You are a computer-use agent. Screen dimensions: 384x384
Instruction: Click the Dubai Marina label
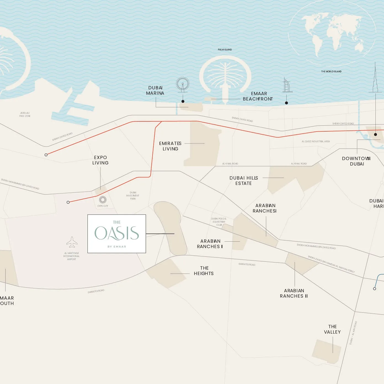tap(155, 90)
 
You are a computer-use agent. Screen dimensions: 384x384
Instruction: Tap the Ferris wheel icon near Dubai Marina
tap(182, 84)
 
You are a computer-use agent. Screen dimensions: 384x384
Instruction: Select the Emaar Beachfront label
tap(258, 96)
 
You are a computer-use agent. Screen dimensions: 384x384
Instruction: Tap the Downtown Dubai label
tap(356, 161)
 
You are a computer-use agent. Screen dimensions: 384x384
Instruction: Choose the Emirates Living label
tap(170, 146)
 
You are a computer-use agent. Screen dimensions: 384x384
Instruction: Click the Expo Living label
tap(100, 160)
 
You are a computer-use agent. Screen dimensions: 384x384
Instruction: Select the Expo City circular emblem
tap(103, 199)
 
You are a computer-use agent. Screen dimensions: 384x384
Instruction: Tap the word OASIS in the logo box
tap(117, 233)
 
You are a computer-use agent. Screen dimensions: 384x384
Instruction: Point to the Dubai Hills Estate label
tap(244, 180)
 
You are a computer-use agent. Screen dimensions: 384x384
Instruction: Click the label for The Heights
tap(204, 271)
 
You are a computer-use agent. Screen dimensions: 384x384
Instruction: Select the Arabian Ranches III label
tap(294, 293)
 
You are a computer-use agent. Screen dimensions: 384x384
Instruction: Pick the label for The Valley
tap(332, 329)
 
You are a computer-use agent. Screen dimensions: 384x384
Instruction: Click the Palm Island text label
tap(225, 50)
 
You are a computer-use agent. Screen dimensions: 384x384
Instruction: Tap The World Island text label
tap(331, 71)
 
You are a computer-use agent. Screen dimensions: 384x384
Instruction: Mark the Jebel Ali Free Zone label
tap(25, 114)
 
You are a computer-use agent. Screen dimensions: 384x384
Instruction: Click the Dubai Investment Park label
tap(133, 196)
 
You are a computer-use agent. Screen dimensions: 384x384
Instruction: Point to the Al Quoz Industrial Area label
tap(316, 142)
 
